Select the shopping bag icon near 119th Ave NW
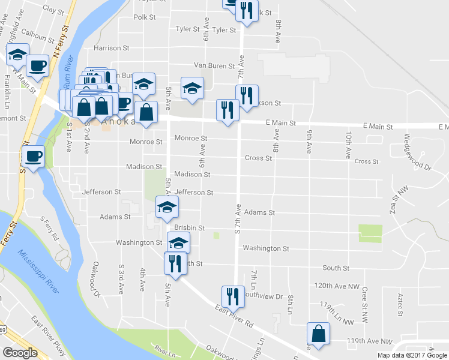coord(318,335)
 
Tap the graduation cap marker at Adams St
coord(167,208)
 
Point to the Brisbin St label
coord(190,228)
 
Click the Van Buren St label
coord(214,65)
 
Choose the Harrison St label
coord(112,47)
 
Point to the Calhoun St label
coord(37,36)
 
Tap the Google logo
coord(20,353)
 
